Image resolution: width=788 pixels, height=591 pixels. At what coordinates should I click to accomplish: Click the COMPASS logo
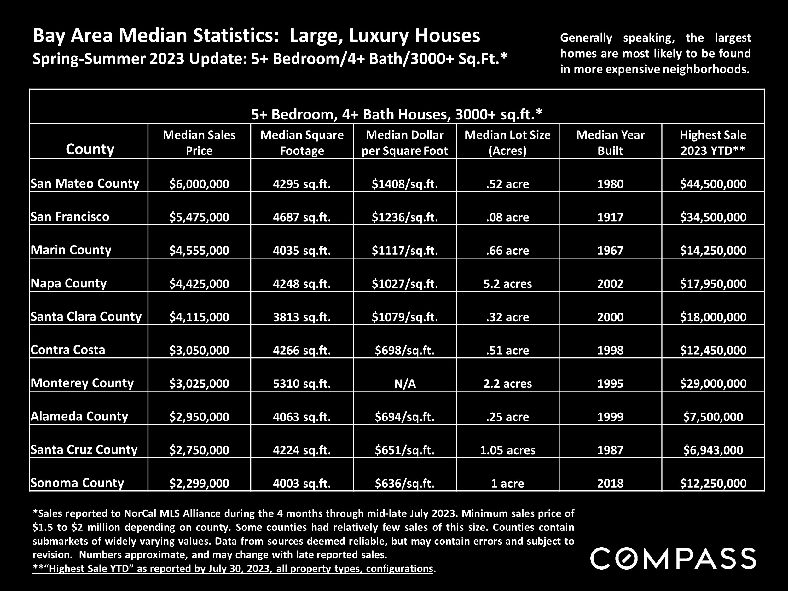pyautogui.click(x=673, y=559)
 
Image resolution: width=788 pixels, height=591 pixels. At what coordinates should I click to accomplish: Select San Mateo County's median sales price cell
pyautogui.click(x=199, y=184)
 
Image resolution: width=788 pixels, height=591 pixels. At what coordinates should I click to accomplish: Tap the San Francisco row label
pyautogui.click(x=70, y=217)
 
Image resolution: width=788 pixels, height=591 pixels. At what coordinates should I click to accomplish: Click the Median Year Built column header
pyautogui.click(x=610, y=142)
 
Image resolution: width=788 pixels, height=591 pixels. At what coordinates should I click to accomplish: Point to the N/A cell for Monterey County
pyautogui.click(x=405, y=383)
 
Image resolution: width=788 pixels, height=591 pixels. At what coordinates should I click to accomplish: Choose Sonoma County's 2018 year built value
pyautogui.click(x=610, y=483)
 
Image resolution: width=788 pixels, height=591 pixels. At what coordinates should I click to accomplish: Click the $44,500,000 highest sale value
pyautogui.click(x=713, y=184)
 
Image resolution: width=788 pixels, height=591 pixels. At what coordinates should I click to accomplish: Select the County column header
pyautogui.click(x=90, y=149)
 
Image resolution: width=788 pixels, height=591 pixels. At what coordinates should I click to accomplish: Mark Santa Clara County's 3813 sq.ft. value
pyautogui.click(x=302, y=317)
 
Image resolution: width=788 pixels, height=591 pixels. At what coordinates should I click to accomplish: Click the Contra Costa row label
pyautogui.click(x=68, y=350)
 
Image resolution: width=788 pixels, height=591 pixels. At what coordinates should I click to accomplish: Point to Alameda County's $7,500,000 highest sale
pyautogui.click(x=713, y=416)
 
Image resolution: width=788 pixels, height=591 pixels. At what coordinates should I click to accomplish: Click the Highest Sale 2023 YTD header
pyautogui.click(x=713, y=142)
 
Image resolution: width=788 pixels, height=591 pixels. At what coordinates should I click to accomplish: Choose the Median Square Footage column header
pyautogui.click(x=302, y=142)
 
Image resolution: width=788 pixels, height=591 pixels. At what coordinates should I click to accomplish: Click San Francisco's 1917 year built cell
pyautogui.click(x=610, y=217)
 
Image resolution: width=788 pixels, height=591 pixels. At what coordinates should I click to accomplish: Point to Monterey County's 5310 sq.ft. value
pyautogui.click(x=302, y=383)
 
